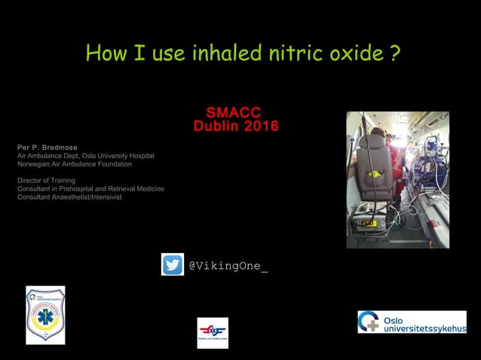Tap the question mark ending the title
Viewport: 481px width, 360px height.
[395, 53]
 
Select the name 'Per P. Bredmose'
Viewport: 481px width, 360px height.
[47, 147]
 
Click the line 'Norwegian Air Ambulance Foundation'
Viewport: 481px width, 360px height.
[75, 163]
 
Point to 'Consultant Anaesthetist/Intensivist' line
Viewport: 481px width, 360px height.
[69, 197]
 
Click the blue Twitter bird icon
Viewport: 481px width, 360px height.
[172, 265]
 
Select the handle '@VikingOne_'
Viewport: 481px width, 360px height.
[228, 266]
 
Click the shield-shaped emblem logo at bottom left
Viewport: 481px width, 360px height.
[45, 315]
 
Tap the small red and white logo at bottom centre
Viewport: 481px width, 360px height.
[213, 332]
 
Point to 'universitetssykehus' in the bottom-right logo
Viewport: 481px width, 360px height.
[424, 328]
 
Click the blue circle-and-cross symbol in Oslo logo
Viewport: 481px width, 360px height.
[369, 322]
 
